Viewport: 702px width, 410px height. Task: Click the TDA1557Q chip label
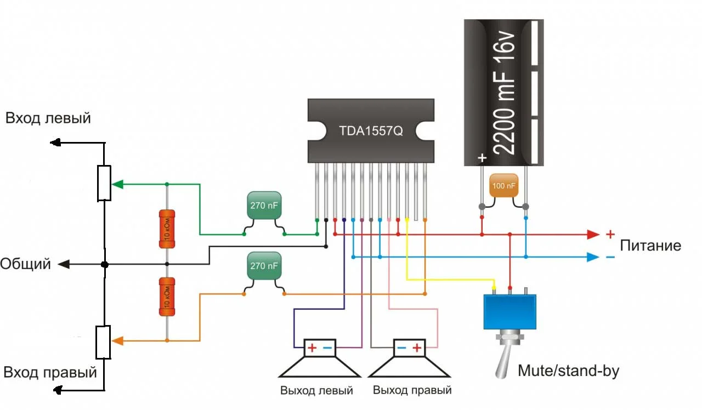pyautogui.click(x=371, y=132)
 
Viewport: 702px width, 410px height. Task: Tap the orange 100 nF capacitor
pyautogui.click(x=503, y=186)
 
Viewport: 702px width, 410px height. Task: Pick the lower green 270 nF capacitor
pyautogui.click(x=264, y=266)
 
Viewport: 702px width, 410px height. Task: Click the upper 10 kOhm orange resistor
pyautogui.click(x=166, y=229)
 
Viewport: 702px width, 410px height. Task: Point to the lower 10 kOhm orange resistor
pyautogui.click(x=166, y=297)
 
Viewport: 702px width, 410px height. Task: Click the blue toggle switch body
pyautogui.click(x=509, y=311)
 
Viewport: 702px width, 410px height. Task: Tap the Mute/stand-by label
pyautogui.click(x=568, y=371)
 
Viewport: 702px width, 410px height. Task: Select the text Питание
pyautogui.click(x=650, y=246)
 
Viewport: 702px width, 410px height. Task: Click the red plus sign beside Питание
pyautogui.click(x=610, y=235)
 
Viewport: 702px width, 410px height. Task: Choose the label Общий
pyautogui.click(x=25, y=264)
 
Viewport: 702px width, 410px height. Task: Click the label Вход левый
pyautogui.click(x=48, y=118)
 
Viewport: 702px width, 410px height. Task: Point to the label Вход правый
pyautogui.click(x=50, y=373)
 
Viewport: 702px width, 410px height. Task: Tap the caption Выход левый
pyautogui.click(x=316, y=391)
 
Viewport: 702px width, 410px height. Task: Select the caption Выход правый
pyautogui.click(x=412, y=390)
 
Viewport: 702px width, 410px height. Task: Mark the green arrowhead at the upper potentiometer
pyautogui.click(x=117, y=184)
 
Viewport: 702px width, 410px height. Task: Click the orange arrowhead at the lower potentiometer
pyautogui.click(x=117, y=340)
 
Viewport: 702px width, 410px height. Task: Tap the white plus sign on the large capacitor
pyautogui.click(x=482, y=158)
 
